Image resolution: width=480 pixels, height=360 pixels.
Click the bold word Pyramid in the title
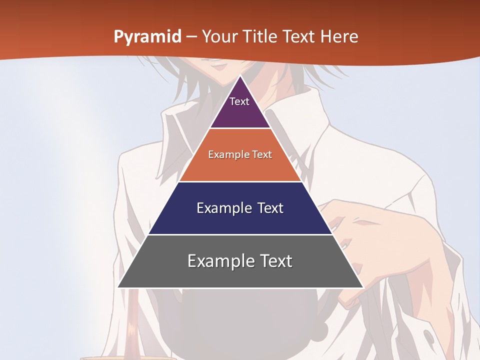click(147, 37)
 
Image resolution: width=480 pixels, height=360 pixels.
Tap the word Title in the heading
click(258, 37)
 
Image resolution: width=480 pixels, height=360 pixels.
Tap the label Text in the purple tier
click(239, 101)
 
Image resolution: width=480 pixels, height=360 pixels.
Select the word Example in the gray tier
click(218, 261)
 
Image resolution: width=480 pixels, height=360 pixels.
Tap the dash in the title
click(191, 37)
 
